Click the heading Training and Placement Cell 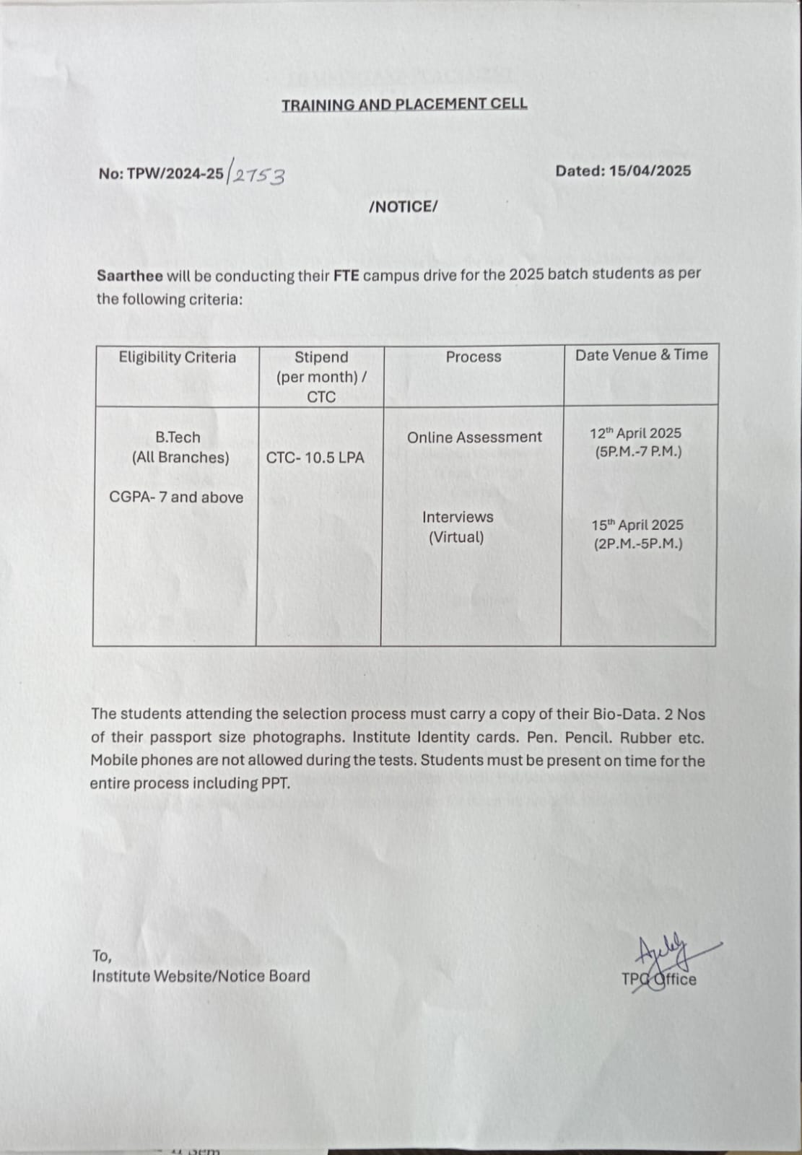tap(404, 105)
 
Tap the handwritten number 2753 tap(258, 175)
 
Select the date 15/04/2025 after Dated tap(650, 171)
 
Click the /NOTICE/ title tap(403, 207)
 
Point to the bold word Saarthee tap(130, 276)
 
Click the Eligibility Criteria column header tap(177, 357)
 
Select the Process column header tap(473, 357)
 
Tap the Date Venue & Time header tap(641, 354)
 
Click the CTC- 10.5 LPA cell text tap(315, 458)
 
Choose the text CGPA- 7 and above tap(176, 497)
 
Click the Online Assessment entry tap(474, 437)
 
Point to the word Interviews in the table tap(458, 518)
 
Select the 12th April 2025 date tap(635, 434)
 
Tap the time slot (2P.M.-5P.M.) tap(638, 544)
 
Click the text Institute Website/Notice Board tap(201, 977)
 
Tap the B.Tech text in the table tap(178, 437)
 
